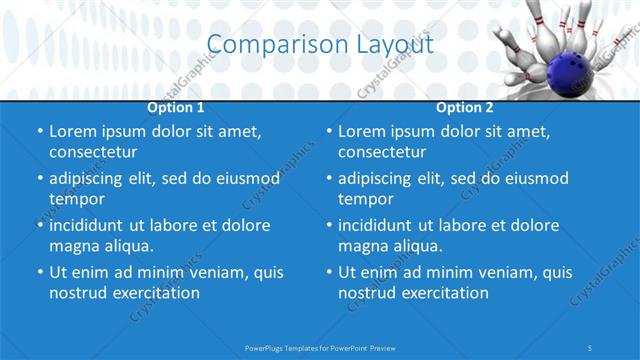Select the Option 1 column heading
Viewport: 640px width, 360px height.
pyautogui.click(x=176, y=107)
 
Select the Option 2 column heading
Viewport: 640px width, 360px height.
pyautogui.click(x=464, y=107)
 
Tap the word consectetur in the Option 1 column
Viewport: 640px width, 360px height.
pyautogui.click(x=93, y=152)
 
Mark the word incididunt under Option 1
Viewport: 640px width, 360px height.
pyautogui.click(x=93, y=226)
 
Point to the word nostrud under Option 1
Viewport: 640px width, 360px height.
pyautogui.click(x=78, y=293)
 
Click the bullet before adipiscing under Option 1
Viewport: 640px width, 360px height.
pyautogui.click(x=39, y=179)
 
